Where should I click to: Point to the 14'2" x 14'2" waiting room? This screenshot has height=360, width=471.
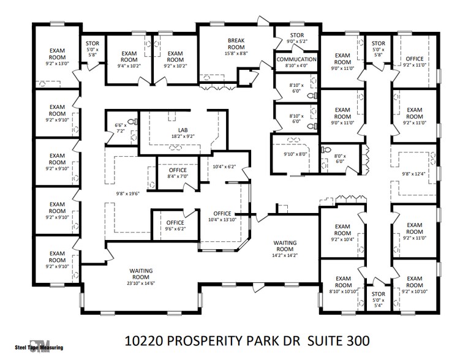coord(285,249)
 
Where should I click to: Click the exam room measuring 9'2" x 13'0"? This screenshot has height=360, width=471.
coord(57,54)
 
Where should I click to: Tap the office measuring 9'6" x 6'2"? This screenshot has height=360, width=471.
coord(176,225)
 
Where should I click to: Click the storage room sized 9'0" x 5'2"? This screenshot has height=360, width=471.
coord(296,38)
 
